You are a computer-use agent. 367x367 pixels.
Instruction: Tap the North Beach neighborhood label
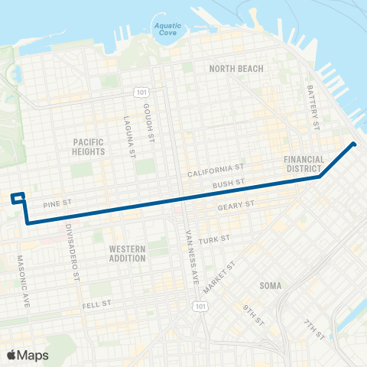click(236, 69)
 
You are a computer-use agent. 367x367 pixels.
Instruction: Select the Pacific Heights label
click(89, 147)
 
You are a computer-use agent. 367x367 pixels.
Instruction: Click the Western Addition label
click(127, 254)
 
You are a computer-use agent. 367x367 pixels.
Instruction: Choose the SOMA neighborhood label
click(270, 285)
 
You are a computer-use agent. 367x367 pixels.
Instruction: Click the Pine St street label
click(57, 204)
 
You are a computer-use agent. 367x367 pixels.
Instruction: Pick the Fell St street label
click(99, 304)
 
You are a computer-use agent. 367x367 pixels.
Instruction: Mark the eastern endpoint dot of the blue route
click(354, 144)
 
